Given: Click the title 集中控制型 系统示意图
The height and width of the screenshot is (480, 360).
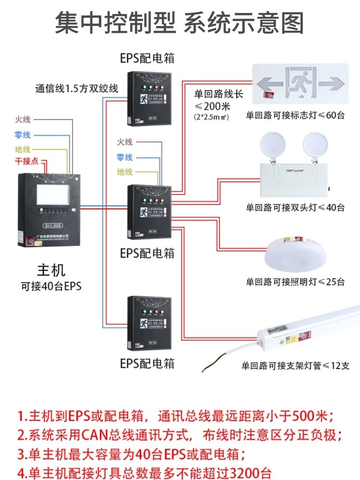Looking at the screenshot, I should [x=180, y=23].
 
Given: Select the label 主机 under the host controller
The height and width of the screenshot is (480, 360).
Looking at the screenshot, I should [x=51, y=270].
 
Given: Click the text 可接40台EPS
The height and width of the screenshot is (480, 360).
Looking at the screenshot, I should [x=51, y=287].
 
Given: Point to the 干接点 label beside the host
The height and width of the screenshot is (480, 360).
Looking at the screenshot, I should [x=26, y=161].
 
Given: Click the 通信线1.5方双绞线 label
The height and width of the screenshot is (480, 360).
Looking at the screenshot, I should [x=76, y=88].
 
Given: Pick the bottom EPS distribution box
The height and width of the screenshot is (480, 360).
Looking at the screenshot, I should [x=148, y=323].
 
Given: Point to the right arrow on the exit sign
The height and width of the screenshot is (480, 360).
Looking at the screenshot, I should [x=333, y=84].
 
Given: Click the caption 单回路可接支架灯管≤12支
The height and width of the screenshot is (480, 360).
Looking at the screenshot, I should [x=295, y=366].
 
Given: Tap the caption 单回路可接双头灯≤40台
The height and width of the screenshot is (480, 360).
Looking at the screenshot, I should [x=295, y=208].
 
